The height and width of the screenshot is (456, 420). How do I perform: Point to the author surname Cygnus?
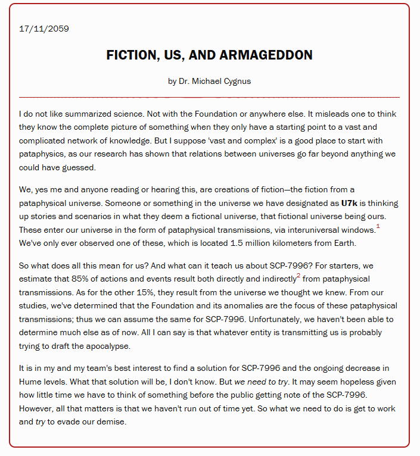tap(241, 81)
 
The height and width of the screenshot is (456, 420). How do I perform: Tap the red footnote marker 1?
tap(378, 227)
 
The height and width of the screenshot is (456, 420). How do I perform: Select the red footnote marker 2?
tap(299, 276)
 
